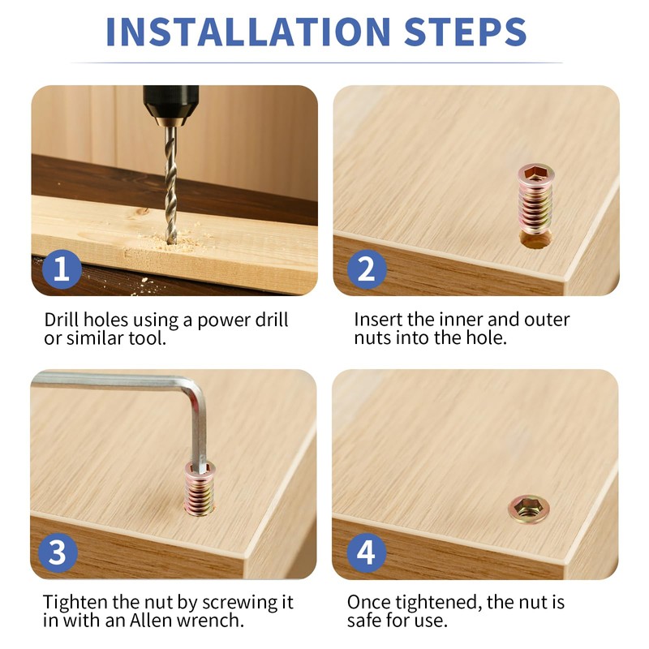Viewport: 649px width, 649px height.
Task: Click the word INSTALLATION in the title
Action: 248,32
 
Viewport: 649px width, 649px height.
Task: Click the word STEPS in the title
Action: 465,32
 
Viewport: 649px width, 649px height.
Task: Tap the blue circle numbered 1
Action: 62,269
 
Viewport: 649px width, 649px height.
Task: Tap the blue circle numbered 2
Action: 367,269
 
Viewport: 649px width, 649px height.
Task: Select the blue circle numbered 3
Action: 58,553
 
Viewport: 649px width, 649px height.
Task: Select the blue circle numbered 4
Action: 367,553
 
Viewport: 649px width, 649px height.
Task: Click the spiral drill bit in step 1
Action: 170,185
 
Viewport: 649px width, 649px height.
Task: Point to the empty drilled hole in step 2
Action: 535,240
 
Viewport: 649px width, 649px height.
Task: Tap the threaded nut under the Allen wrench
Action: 200,488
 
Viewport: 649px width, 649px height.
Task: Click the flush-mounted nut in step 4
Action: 529,509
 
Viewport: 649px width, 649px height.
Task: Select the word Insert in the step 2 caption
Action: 378,320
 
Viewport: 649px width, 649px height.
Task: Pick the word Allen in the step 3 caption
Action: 151,621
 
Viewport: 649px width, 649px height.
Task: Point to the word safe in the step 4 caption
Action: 364,621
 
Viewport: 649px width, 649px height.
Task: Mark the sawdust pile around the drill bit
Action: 174,241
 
